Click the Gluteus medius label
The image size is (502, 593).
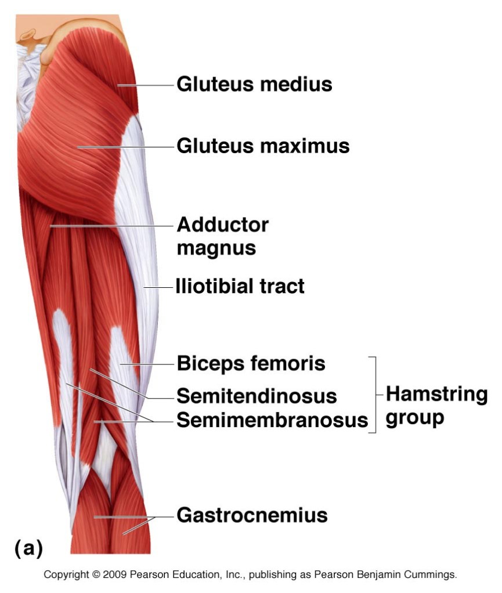pos(254,85)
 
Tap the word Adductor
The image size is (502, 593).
pos(222,225)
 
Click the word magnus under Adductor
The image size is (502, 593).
pos(216,248)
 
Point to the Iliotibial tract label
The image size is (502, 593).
pos(240,285)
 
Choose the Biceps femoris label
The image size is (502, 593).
pos(251,364)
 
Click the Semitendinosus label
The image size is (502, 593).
pos(257,396)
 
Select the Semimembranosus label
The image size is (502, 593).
pos(272,420)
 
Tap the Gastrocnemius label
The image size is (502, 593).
pos(252,515)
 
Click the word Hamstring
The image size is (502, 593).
pos(436,395)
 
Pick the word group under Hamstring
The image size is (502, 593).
pos(414,418)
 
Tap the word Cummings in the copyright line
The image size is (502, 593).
pos(433,576)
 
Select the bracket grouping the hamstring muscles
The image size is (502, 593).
pos(374,395)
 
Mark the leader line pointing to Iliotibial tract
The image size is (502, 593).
pos(159,287)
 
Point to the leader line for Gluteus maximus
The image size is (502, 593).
pos(125,147)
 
